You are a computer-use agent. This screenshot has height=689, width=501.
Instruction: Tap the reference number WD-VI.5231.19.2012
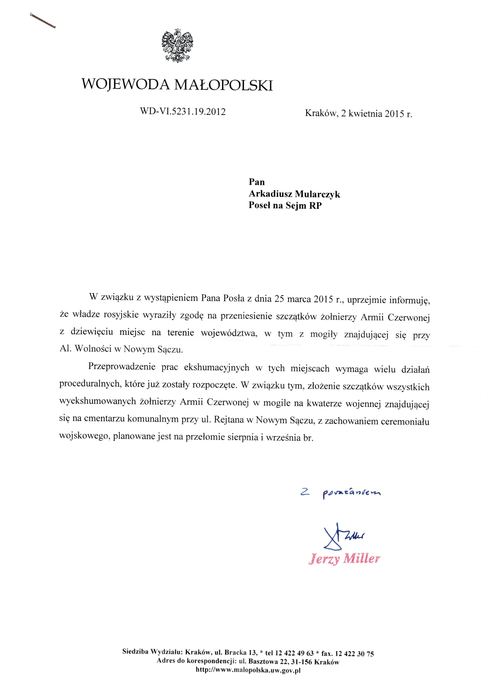(x=183, y=111)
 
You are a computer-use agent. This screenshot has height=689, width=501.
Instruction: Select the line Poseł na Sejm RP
(x=285, y=206)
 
